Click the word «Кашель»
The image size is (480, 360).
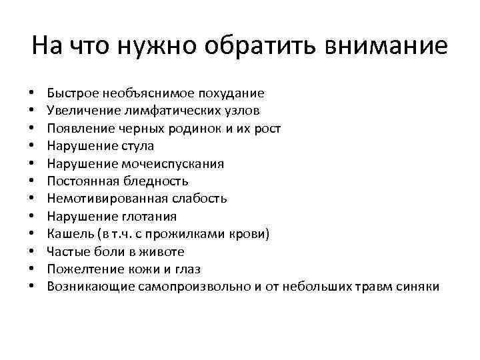click(67, 234)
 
